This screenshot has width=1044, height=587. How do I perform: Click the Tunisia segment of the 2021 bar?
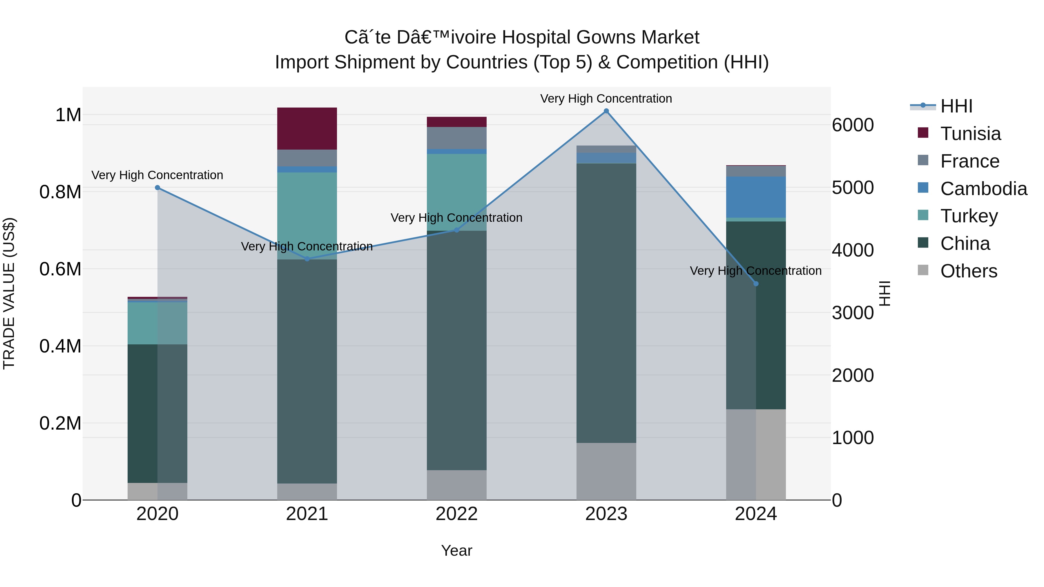[307, 128]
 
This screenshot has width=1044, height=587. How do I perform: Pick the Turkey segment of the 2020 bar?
[157, 323]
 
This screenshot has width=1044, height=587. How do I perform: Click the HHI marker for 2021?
[307, 259]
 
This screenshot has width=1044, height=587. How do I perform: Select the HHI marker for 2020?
[157, 188]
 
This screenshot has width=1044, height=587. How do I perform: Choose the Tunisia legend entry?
[970, 134]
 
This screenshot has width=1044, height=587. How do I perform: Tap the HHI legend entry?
[956, 106]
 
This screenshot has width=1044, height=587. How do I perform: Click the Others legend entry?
[969, 271]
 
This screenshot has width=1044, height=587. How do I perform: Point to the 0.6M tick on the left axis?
[60, 269]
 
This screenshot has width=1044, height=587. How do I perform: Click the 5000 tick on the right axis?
[853, 188]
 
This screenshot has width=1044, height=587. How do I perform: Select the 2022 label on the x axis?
[456, 514]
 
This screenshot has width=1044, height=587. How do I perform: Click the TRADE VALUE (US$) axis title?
[9, 293]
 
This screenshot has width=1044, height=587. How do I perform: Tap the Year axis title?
[456, 550]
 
